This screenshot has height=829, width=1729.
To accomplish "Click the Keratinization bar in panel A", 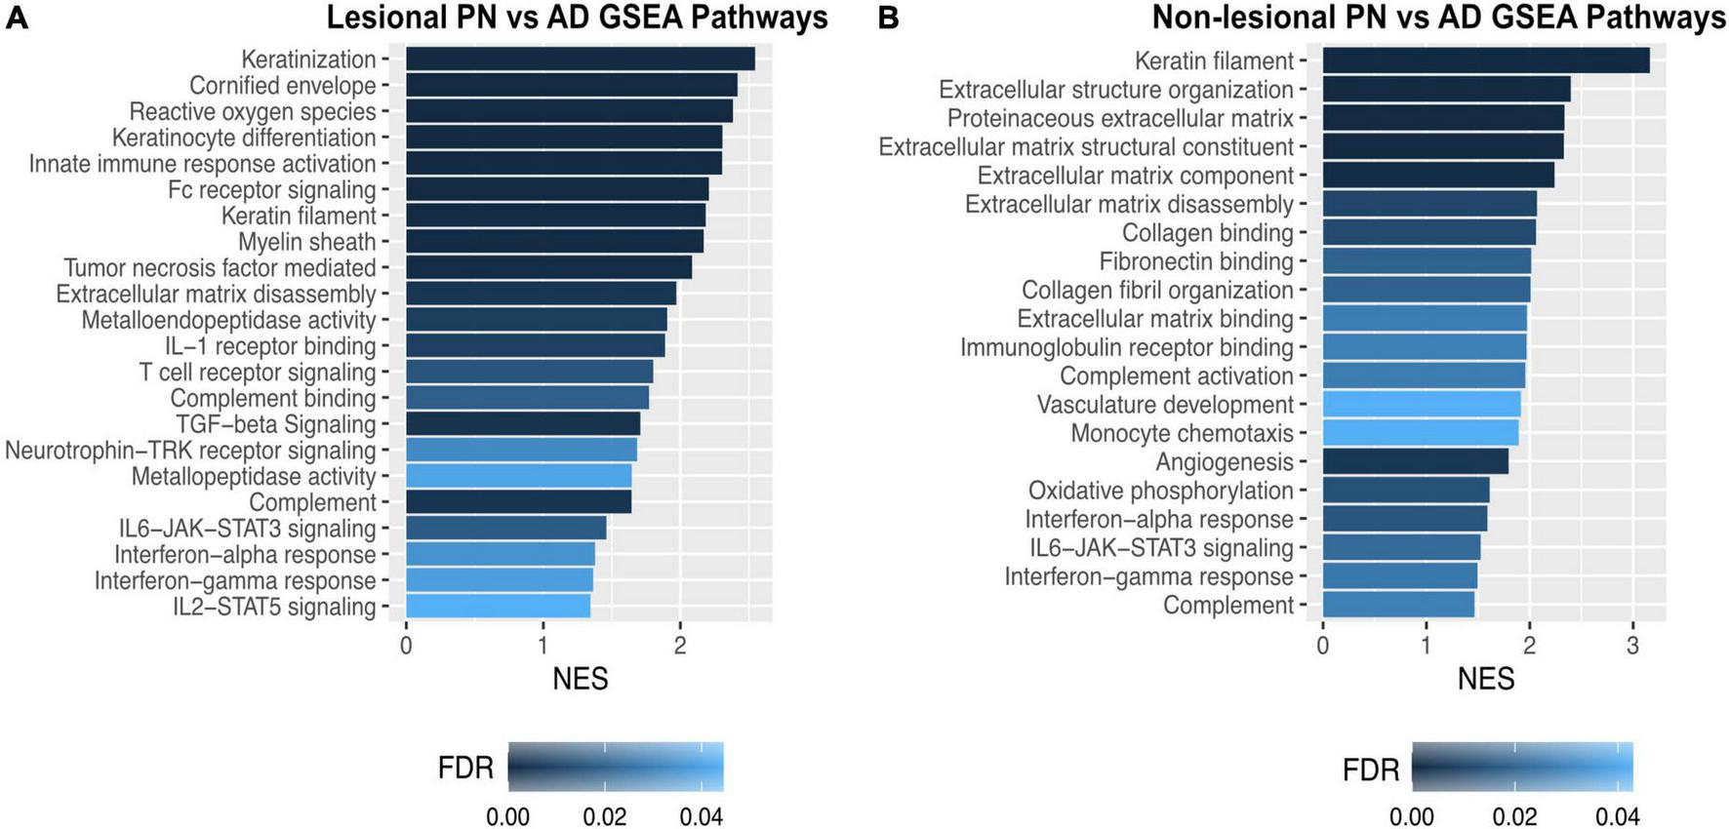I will pyautogui.click(x=580, y=59).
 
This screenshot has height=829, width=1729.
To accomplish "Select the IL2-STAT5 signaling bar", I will pyautogui.click(x=498, y=607).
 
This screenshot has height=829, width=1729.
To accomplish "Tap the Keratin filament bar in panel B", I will pyautogui.click(x=1485, y=60).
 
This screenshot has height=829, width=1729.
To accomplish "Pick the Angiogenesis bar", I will pyautogui.click(x=1415, y=461).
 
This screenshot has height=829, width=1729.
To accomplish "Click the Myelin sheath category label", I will pyautogui.click(x=307, y=242).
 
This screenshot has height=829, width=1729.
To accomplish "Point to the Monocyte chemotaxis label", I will pyautogui.click(x=1182, y=433).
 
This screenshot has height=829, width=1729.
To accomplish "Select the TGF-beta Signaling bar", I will pyautogui.click(x=523, y=424).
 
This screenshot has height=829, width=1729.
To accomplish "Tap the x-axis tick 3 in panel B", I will pyautogui.click(x=1632, y=646).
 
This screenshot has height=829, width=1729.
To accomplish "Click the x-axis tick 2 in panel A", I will pyautogui.click(x=680, y=646).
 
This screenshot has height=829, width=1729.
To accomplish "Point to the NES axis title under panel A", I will pyautogui.click(x=580, y=679).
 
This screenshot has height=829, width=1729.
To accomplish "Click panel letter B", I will pyautogui.click(x=888, y=18).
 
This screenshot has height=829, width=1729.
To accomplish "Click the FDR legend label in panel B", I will pyautogui.click(x=1370, y=770).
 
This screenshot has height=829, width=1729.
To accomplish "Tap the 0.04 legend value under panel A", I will pyautogui.click(x=701, y=816).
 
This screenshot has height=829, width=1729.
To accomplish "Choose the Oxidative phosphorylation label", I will pyautogui.click(x=1160, y=491).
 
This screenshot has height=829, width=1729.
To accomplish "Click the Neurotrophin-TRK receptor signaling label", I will pyautogui.click(x=190, y=451).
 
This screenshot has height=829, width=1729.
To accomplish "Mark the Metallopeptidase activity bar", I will pyautogui.click(x=518, y=477).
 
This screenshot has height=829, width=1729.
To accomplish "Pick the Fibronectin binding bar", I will pyautogui.click(x=1427, y=261).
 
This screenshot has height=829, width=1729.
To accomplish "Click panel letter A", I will pyautogui.click(x=17, y=18).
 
